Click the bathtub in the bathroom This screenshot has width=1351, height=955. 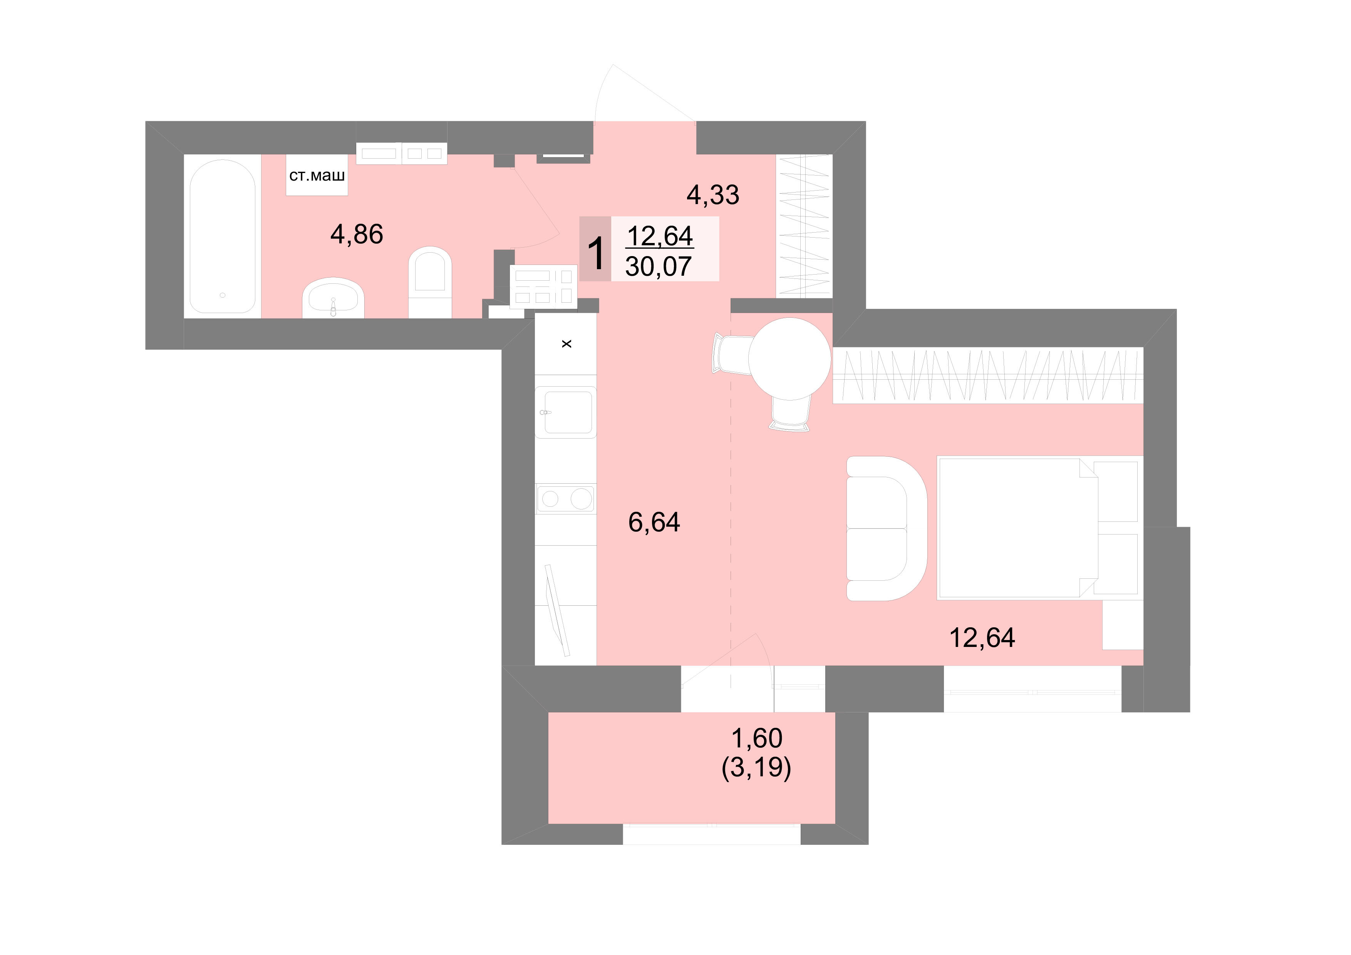click(x=223, y=236)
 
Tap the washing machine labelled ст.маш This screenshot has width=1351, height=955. click(x=317, y=175)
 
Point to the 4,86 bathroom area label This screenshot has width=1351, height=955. click(x=357, y=234)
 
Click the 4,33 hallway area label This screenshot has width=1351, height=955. click(x=712, y=195)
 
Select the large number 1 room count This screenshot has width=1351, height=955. click(x=595, y=254)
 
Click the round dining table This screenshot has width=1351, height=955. click(x=789, y=359)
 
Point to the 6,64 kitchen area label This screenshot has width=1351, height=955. click(x=654, y=522)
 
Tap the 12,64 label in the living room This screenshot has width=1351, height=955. click(x=982, y=638)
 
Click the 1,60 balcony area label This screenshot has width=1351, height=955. click(x=757, y=738)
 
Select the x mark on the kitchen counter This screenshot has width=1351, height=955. click(x=567, y=343)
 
